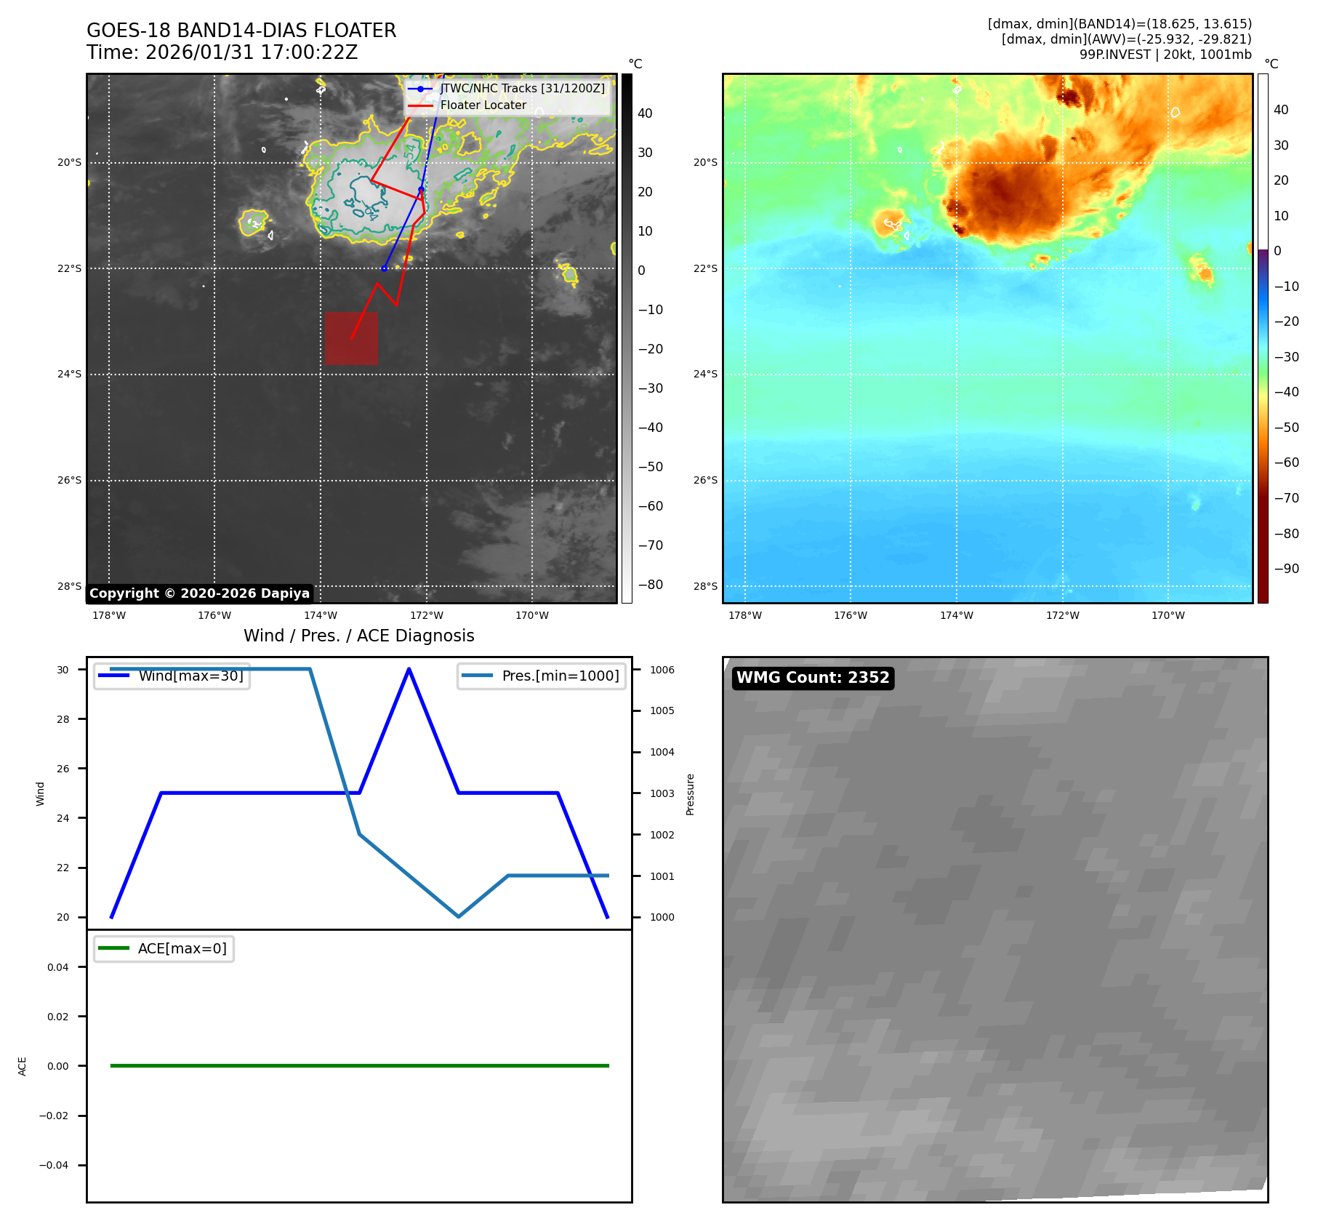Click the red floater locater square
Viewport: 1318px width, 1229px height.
(351, 338)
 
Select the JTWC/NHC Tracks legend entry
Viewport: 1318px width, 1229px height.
(521, 88)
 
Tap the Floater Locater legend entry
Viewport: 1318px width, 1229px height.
(483, 105)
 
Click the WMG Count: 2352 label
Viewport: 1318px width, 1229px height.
(813, 678)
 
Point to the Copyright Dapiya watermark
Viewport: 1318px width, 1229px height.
(199, 593)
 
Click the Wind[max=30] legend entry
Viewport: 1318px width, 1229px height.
(190, 676)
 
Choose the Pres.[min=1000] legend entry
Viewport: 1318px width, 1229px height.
(560, 676)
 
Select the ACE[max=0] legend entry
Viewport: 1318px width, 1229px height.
(182, 948)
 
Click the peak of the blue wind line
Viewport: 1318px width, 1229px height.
(409, 669)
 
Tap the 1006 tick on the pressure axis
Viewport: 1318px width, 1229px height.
(662, 670)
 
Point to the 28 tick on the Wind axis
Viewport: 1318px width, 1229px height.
(63, 719)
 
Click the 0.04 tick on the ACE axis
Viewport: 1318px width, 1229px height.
(58, 967)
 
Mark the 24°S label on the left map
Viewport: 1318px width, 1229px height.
(70, 375)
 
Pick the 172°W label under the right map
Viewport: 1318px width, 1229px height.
(1062, 615)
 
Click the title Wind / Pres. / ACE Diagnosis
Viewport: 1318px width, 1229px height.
(358, 636)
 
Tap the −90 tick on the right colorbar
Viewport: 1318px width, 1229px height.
(1286, 569)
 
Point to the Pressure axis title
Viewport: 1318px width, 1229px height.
(690, 794)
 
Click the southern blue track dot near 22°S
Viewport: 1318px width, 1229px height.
(384, 268)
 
